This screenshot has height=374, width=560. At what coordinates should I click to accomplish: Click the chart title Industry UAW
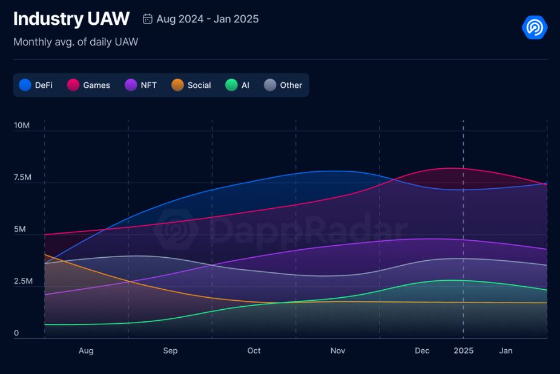coord(71,19)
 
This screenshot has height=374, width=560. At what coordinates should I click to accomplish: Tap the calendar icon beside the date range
coord(148,19)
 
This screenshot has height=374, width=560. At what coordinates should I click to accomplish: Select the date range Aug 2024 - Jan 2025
coord(207,19)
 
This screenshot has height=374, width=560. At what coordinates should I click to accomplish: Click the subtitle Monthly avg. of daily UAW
coord(76,42)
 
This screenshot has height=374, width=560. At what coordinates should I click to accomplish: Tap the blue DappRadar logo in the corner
coord(535,27)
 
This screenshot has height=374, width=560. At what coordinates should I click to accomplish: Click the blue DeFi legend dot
coord(25,85)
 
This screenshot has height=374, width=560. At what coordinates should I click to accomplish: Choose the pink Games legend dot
coord(73,85)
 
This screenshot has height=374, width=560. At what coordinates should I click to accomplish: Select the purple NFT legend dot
coord(131,85)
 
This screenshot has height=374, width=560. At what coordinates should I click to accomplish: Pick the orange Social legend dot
coord(177,85)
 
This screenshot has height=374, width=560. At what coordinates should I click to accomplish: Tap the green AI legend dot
coord(231,85)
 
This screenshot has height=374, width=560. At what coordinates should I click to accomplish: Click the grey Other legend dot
coord(270,85)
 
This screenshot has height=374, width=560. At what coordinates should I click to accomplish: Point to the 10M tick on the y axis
coord(21,125)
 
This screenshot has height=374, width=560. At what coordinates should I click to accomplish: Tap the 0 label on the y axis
coord(16,333)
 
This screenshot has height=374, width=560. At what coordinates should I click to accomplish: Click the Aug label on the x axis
coord(86,350)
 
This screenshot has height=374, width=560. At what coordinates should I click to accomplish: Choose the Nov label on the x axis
coord(338,350)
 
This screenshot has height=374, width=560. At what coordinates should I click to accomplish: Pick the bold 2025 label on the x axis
coord(464,350)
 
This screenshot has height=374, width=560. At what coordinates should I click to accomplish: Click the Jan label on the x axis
coord(506,350)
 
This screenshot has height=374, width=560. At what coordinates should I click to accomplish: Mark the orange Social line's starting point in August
coord(45,255)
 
